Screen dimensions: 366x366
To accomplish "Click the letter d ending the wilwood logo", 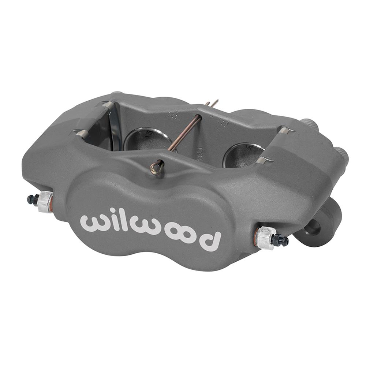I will point(210,240).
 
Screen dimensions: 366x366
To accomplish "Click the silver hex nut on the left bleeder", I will point(45,202).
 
